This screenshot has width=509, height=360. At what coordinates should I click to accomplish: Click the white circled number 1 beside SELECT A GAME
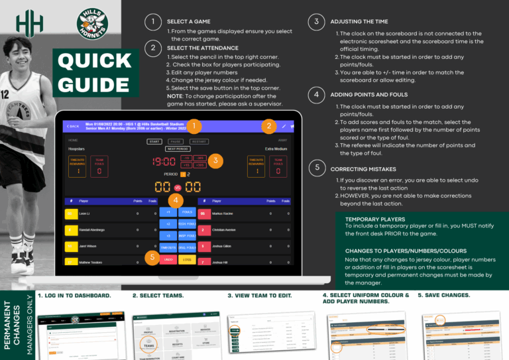[153, 22]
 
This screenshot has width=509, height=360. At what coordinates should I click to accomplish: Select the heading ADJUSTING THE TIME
[360, 22]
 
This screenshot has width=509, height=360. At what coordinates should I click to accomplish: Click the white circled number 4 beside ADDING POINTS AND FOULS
[317, 94]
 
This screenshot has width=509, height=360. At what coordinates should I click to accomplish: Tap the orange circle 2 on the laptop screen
[268, 126]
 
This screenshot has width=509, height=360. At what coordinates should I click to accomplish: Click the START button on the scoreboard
[154, 141]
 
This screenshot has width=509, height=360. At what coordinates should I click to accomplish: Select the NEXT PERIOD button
[178, 149]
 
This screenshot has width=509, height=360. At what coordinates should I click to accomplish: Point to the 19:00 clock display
[164, 161]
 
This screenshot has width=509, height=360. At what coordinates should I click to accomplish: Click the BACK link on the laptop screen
[72, 126]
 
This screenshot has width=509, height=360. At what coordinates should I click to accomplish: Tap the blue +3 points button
[168, 235]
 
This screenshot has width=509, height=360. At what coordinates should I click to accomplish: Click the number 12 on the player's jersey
[4, 94]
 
